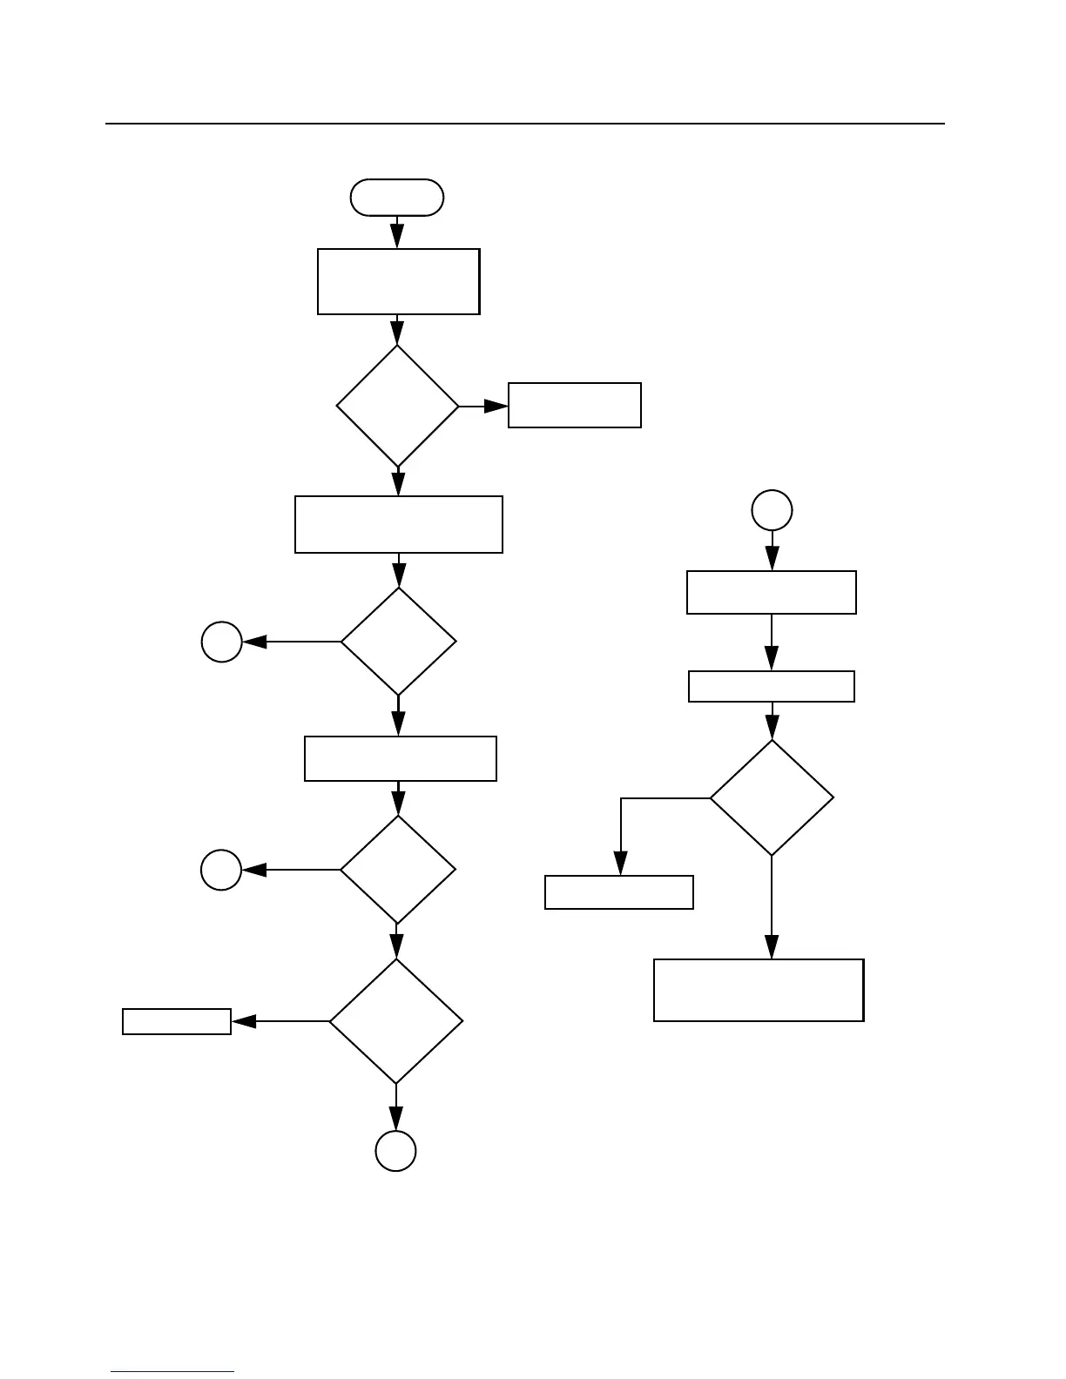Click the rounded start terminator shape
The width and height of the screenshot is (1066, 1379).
click(396, 198)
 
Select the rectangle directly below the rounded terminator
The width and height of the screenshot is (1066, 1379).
click(398, 281)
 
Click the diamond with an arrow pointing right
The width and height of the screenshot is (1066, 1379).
click(397, 407)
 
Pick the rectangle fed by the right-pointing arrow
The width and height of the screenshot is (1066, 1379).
click(575, 405)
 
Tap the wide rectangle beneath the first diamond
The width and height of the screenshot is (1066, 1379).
click(399, 524)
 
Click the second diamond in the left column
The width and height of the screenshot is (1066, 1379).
click(398, 642)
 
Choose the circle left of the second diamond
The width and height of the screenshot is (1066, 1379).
click(221, 642)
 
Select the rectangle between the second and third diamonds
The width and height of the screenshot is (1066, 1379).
click(400, 758)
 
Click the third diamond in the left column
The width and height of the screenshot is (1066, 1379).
click(397, 869)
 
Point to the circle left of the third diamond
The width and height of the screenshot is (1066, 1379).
click(221, 870)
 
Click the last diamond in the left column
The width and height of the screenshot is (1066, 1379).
click(396, 1021)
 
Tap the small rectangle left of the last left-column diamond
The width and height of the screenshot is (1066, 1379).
click(177, 1021)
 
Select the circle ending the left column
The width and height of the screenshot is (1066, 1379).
click(395, 1151)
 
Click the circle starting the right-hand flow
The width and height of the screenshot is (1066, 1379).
click(772, 510)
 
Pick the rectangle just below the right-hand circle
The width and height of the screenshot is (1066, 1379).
click(772, 593)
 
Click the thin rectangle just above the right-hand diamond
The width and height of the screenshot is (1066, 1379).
click(772, 686)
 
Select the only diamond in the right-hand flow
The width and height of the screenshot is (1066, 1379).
click(772, 797)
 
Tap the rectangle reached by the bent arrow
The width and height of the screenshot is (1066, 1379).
click(619, 892)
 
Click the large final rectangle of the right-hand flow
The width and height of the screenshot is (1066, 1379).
click(759, 990)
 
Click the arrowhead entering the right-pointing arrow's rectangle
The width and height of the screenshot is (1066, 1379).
click(498, 407)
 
